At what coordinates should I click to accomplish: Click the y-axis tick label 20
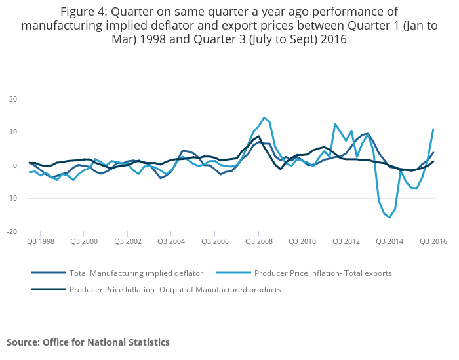[x=12, y=99]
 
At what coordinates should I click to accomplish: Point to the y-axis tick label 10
[x=12, y=132]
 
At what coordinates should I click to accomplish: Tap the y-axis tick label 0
[x=14, y=165]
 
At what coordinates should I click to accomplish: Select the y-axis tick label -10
[x=11, y=198]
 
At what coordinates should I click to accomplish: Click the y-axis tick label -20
[x=11, y=231]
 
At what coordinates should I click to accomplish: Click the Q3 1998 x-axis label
[x=40, y=241]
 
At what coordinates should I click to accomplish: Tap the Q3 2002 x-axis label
[x=127, y=241]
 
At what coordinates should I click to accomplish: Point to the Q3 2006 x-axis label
[x=214, y=241]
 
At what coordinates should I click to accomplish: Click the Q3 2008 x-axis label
[x=258, y=241]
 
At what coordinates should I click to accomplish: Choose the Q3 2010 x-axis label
[x=302, y=241]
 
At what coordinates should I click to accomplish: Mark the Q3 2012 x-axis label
[x=346, y=241]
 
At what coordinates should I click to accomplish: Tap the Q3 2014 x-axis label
[x=389, y=241]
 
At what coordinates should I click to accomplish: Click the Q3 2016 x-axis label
[x=433, y=241]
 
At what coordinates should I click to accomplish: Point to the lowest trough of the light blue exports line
[x=389, y=218]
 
